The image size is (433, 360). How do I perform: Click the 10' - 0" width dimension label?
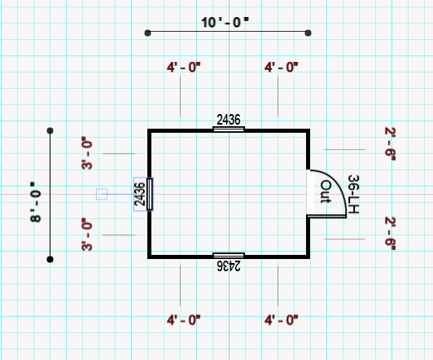point(225,22)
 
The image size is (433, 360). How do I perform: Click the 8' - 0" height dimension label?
point(36,202)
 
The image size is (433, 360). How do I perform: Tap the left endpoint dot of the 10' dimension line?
point(148,33)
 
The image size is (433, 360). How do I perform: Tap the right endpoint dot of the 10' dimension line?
point(308,33)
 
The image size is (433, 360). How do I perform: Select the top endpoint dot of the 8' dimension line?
point(50,130)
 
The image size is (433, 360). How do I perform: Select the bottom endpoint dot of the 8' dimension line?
point(50,260)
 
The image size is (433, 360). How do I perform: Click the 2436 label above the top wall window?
point(229,120)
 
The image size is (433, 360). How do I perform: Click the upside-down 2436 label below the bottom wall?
point(229,266)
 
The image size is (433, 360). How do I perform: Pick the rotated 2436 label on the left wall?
point(140,194)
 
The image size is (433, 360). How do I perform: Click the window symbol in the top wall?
point(229,129)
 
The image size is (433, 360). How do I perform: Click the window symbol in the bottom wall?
point(229,256)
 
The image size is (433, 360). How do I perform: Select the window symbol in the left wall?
point(150,194)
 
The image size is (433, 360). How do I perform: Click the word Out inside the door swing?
point(326,191)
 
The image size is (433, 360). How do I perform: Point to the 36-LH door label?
point(353,194)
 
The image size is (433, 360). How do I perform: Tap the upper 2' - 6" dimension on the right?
point(390,144)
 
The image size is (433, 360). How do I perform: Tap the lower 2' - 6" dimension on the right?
point(390,234)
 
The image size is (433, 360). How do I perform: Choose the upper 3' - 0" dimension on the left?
point(87,153)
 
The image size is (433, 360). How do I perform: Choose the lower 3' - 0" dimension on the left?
point(87,235)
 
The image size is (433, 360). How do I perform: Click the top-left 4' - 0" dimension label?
point(183,67)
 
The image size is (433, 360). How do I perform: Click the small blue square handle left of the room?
point(102,194)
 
